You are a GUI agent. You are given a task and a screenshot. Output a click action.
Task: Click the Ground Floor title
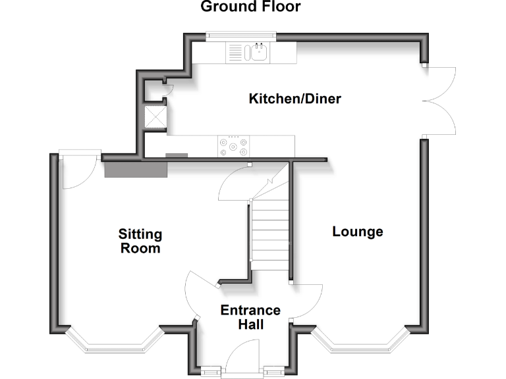click(250, 7)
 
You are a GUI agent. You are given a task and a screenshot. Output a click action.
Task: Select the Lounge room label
click(358, 232)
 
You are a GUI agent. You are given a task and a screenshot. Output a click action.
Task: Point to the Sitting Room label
click(140, 241)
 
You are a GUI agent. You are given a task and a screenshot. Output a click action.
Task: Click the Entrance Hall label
click(250, 317)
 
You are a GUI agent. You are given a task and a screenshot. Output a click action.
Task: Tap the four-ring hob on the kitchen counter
click(234, 145)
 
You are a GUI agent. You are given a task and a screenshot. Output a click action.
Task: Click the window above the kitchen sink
click(240, 36)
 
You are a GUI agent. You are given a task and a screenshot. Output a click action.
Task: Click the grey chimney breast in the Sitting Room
click(135, 169)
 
